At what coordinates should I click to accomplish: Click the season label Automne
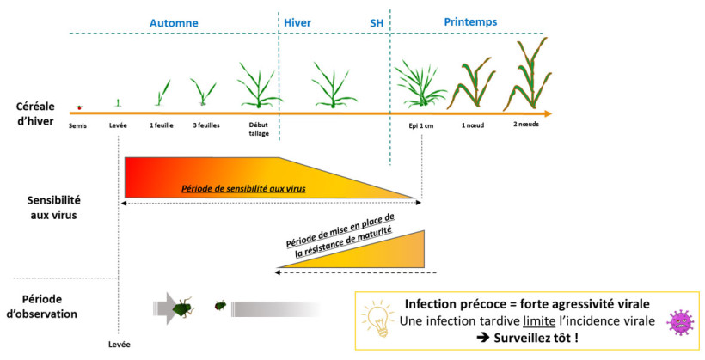pos(174,22)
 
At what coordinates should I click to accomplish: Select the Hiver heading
pos(297,22)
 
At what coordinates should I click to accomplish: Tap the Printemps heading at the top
pos(470,21)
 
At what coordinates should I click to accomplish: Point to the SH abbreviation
pos(377,23)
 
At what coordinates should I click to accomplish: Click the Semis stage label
pos(79,125)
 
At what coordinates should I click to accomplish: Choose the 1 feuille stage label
pos(161,125)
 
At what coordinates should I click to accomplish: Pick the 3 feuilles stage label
pos(205,125)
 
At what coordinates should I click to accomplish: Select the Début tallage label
pos(258,128)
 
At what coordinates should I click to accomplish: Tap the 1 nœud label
pos(474,125)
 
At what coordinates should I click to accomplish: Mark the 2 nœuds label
pos(526,125)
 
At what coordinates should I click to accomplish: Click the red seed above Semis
pos(79,107)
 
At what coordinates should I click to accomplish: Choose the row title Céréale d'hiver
pos(35,113)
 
